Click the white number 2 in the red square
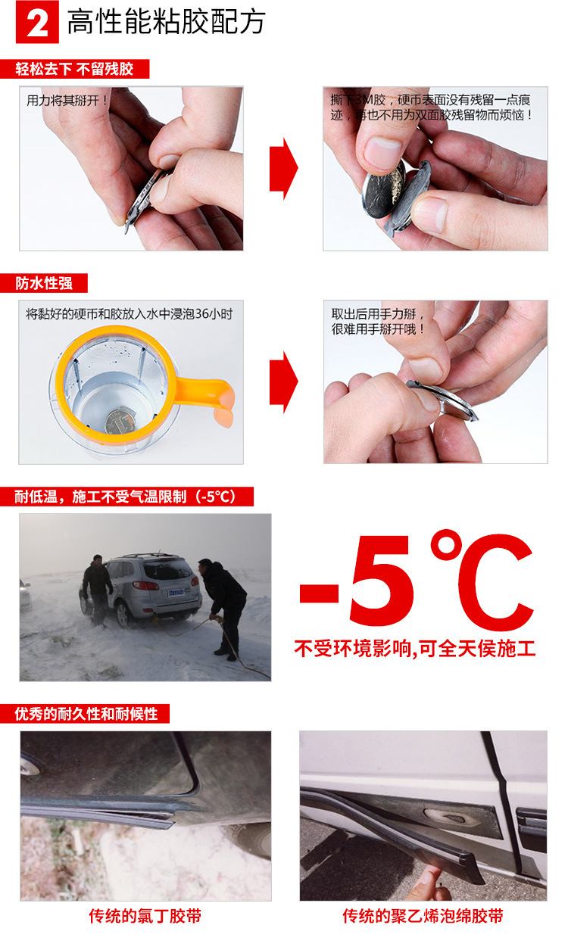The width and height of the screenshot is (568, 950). point(37,23)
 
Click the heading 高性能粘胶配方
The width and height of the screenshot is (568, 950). point(167,22)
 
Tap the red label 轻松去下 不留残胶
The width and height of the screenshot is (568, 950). point(75,69)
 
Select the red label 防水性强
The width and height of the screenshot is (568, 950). point(44,283)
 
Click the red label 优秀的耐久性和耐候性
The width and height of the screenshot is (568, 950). point(85,713)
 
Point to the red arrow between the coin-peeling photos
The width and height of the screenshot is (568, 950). point(284,168)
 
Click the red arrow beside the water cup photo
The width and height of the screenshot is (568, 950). point(284,382)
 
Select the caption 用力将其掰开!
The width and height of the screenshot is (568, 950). point(67,101)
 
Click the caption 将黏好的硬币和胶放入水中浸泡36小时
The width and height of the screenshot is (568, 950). point(129,314)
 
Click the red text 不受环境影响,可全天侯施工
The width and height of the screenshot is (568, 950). point(415,649)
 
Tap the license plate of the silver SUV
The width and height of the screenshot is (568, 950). point(176,592)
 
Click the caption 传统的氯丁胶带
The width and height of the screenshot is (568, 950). point(145,916)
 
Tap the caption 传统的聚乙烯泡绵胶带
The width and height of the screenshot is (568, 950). point(423,916)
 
